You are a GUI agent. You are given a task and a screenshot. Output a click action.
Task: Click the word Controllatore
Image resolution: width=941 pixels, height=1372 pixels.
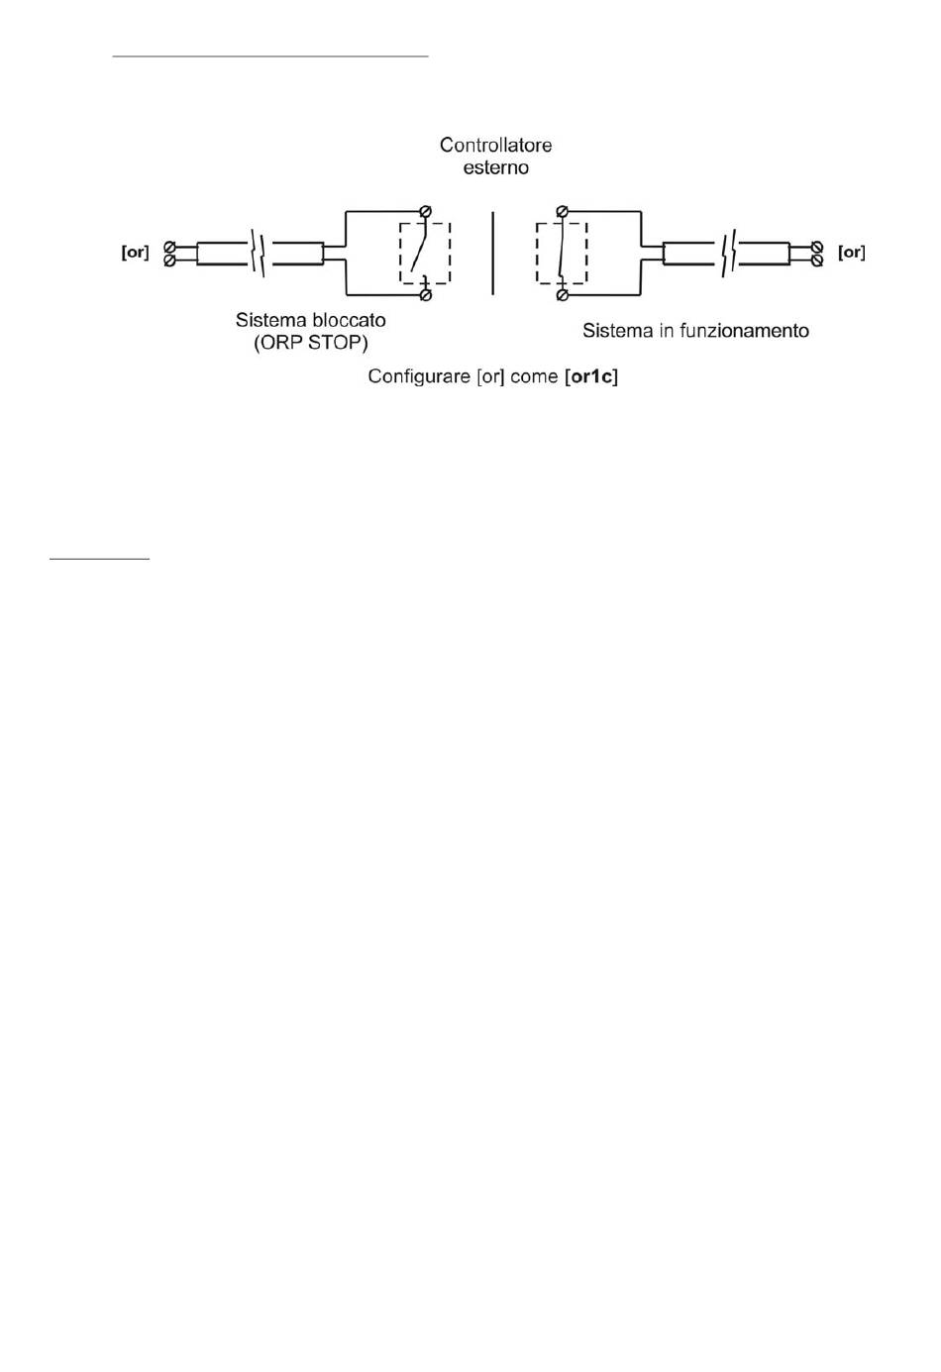[495, 145]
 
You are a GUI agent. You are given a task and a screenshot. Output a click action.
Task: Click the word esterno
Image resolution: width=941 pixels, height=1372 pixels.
[495, 167]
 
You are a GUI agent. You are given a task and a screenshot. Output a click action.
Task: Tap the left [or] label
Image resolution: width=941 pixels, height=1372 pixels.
[135, 253]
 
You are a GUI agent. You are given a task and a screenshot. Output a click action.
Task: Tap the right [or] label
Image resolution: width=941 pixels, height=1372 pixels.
[851, 253]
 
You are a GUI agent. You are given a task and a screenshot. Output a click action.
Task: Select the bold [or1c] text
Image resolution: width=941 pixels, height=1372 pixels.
[590, 377]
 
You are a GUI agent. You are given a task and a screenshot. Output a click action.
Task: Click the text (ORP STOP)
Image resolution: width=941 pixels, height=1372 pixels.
[310, 344]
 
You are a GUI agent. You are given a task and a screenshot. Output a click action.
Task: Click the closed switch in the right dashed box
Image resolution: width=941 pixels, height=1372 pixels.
[561, 253]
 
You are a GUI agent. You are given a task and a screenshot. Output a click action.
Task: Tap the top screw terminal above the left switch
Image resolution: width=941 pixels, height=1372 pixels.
[426, 211]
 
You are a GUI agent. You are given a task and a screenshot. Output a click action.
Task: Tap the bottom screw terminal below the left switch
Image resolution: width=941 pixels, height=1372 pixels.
[426, 294]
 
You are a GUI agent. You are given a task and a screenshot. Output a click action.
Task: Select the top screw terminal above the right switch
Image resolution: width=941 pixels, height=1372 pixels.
[562, 211]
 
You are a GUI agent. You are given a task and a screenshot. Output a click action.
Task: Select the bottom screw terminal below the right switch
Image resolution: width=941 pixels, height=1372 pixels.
[562, 294]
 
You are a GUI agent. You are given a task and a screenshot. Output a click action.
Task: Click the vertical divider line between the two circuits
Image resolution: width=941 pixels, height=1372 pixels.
[493, 253]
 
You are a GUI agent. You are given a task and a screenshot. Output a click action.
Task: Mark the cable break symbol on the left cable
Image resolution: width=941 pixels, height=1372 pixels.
[259, 253]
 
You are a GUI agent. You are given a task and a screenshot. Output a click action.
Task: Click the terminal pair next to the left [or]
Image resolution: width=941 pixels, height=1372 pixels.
[169, 253]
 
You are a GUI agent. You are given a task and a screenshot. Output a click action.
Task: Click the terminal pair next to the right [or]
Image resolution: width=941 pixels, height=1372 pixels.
[817, 253]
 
